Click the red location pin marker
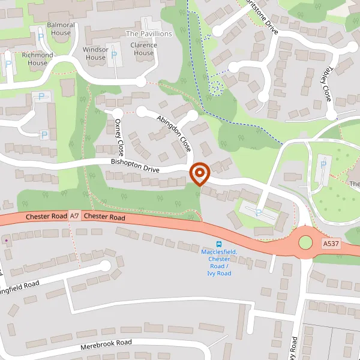tap(199, 174)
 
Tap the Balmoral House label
tap(61, 29)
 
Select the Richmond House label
tap(37, 59)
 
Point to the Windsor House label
tap(95, 53)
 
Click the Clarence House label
tap(143, 49)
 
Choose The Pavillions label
tap(149, 34)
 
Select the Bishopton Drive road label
tap(135, 166)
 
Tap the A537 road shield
tap(331, 244)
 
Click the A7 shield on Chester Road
tap(74, 215)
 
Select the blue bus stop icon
tap(220, 244)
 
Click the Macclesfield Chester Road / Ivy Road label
tap(220, 262)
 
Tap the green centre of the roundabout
tap(305, 242)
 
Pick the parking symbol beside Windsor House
tap(110, 47)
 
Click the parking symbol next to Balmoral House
tap(41, 37)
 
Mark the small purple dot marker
tap(6, 240)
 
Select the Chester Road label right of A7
tap(104, 217)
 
